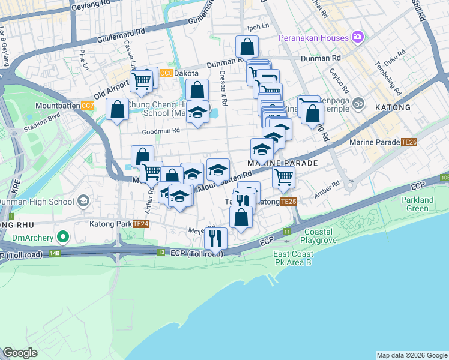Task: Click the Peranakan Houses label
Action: [313, 38]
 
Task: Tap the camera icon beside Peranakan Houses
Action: [358, 37]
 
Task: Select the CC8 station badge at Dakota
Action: [166, 73]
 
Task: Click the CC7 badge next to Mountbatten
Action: [88, 106]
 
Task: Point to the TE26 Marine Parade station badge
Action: [409, 142]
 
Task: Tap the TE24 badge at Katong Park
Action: [140, 224]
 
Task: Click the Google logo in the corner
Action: [20, 352]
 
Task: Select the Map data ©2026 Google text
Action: [412, 355]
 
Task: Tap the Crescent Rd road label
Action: [223, 89]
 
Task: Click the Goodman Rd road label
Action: [160, 131]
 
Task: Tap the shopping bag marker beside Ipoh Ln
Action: [247, 46]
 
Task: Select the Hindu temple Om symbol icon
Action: [358, 101]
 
